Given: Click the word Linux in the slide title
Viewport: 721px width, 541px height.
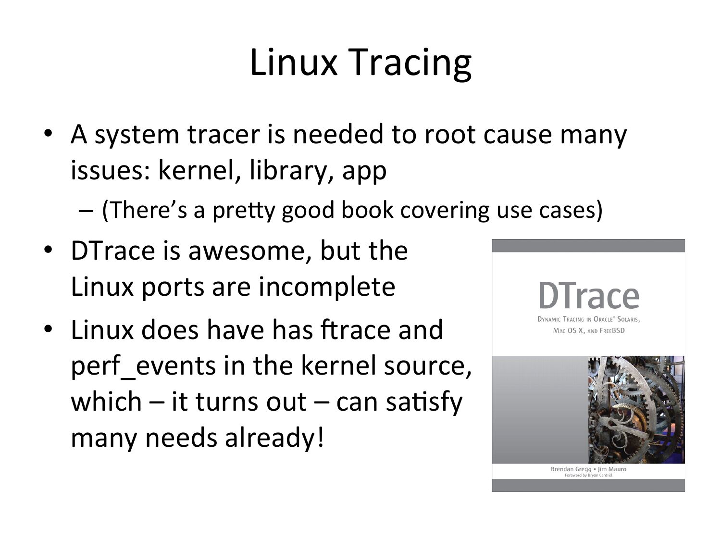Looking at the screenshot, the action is pyautogui.click(x=294, y=62).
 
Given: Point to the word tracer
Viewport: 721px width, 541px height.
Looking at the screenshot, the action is pyautogui.click(x=224, y=135).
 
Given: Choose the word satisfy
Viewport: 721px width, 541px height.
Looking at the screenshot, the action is pyautogui.click(x=424, y=403).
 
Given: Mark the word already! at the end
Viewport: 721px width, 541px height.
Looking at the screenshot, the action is pyautogui.click(x=274, y=439).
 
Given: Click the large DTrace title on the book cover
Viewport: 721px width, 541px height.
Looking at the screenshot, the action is pyautogui.click(x=589, y=296).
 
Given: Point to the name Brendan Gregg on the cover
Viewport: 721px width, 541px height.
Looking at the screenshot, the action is pyautogui.click(x=571, y=469).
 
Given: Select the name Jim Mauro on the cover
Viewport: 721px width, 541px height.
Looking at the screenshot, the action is pyautogui.click(x=612, y=469).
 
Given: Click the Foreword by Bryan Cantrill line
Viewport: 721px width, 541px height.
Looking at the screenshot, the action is pyautogui.click(x=588, y=475).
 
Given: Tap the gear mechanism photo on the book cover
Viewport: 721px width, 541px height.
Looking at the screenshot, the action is pyautogui.click(x=636, y=410).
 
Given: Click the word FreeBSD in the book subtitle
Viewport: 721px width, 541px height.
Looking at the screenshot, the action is pyautogui.click(x=612, y=331).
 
